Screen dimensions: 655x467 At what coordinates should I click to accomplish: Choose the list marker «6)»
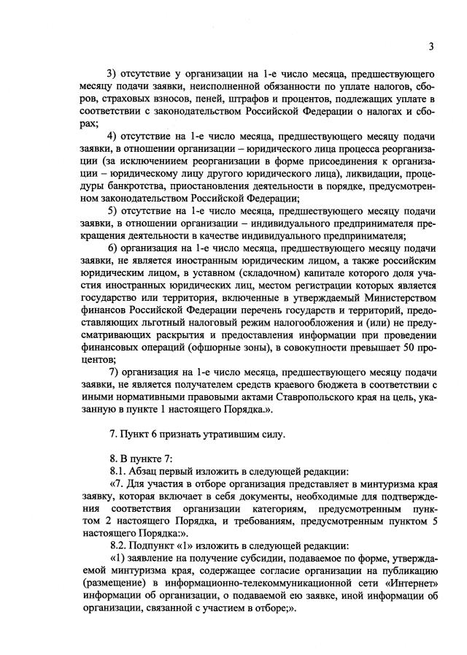pos(113,248)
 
